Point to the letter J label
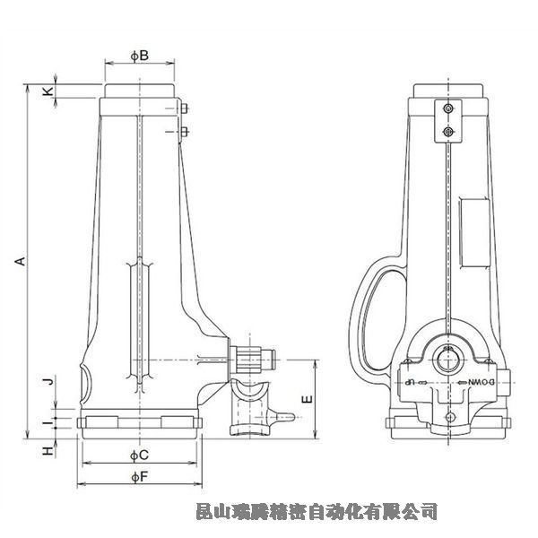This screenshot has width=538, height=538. (50, 381)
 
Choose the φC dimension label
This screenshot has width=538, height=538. (138, 456)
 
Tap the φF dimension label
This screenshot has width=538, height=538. (138, 477)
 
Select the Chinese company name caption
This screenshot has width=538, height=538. (317, 512)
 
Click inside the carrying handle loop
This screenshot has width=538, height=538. (377, 314)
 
